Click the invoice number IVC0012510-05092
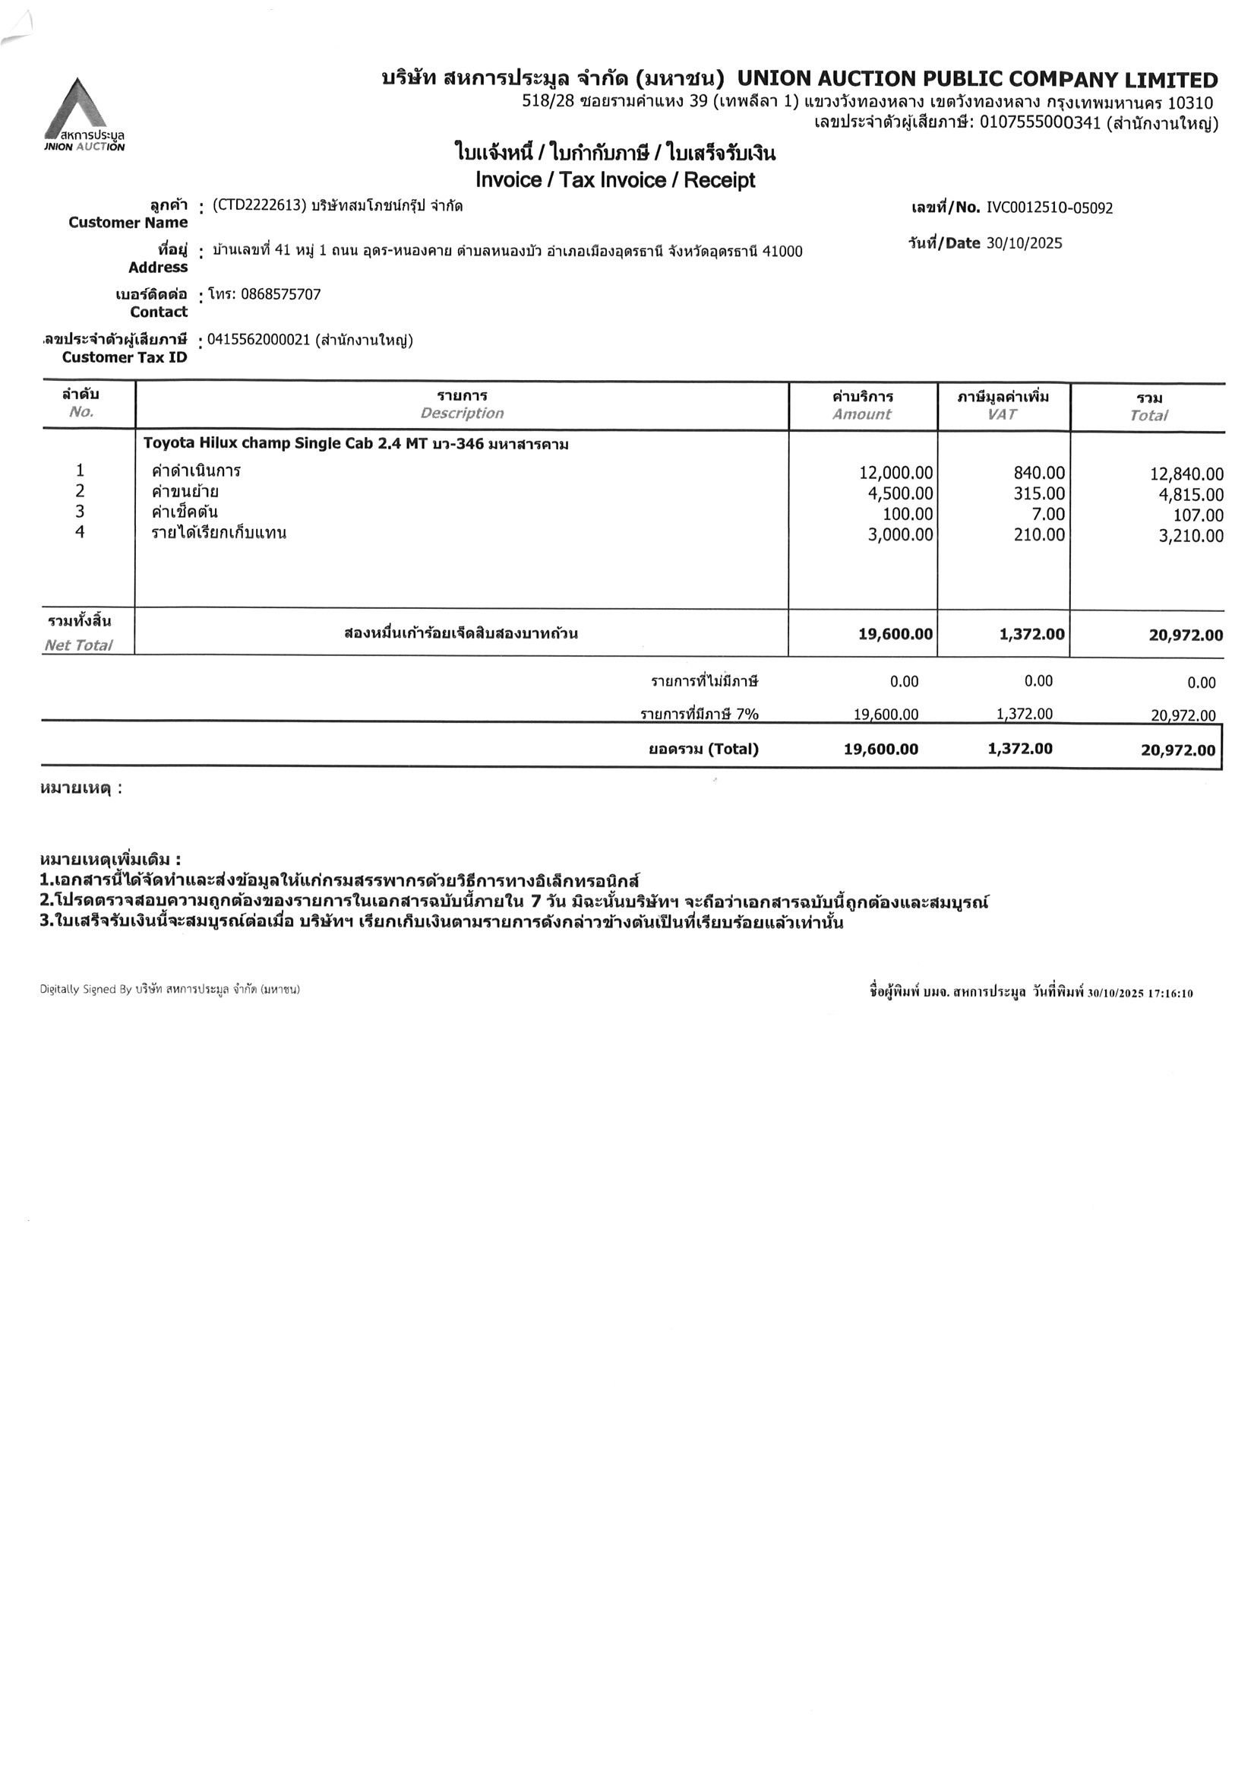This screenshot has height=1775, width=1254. pos(1049,208)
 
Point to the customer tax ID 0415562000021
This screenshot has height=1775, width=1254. pos(258,340)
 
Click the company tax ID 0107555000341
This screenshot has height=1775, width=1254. pos(1039,123)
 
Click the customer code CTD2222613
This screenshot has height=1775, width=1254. pos(259,206)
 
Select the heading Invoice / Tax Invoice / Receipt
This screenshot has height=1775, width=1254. pos(615,181)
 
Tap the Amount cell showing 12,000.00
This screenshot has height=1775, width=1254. pos(895,472)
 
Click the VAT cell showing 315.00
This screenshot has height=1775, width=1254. pos(1038,493)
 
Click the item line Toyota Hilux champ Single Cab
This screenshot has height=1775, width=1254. pos(355,444)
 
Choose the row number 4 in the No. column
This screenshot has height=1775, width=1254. pos(80,532)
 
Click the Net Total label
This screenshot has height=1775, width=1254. pos(78,645)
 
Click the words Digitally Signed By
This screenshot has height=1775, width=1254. pos(86,990)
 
